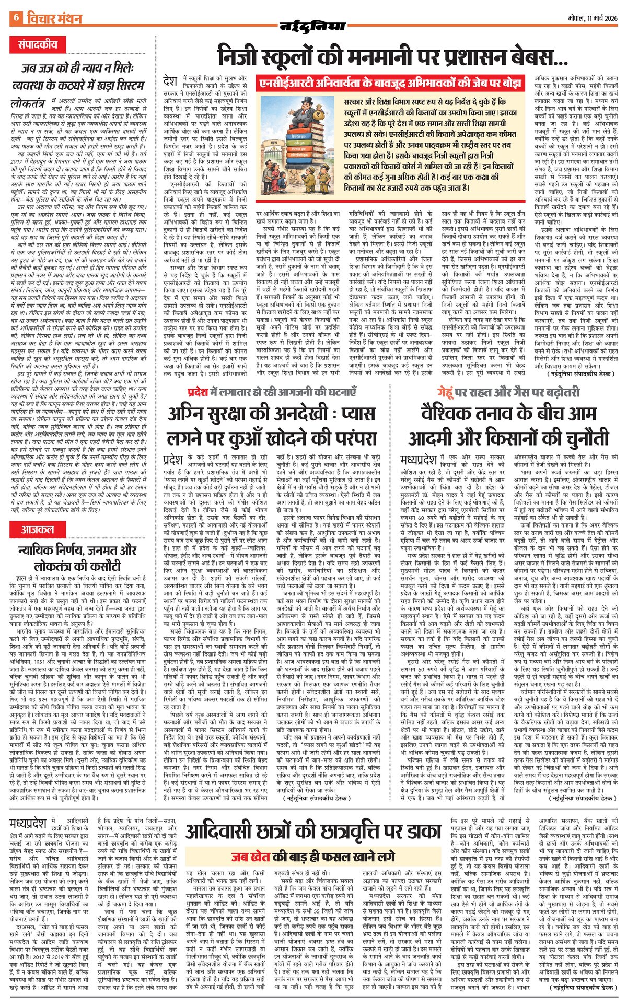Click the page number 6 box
pyautogui.click(x=16, y=17)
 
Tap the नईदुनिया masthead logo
pyautogui.click(x=313, y=26)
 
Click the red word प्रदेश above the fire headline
pyautogui.click(x=198, y=391)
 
